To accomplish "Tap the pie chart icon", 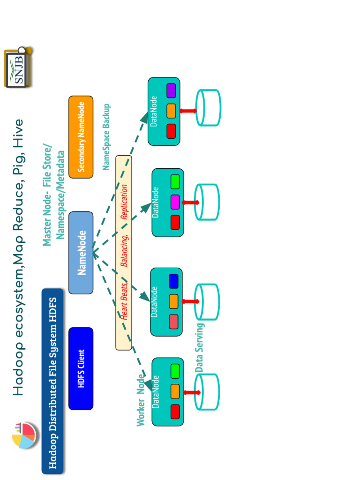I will (24, 435).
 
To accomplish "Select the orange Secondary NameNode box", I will (81, 137).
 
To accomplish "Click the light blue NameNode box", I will (81, 253).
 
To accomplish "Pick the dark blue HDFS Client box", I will (81, 368).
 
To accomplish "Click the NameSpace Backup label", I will (106, 137).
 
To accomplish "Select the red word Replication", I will (124, 202).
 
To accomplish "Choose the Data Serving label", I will (200, 348).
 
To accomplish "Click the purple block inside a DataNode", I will (171, 90).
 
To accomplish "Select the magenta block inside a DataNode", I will (175, 202).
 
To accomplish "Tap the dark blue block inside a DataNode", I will (173, 281).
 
